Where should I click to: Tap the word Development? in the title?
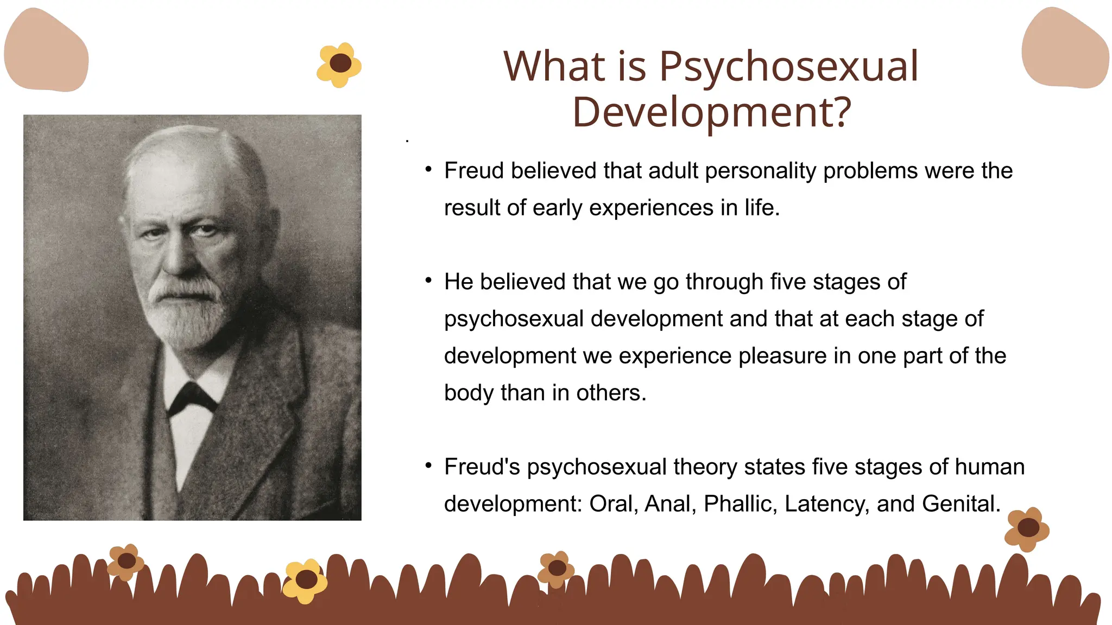pyautogui.click(x=711, y=113)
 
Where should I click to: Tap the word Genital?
pyautogui.click(x=961, y=504)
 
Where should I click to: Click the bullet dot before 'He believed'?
pyautogui.click(x=428, y=280)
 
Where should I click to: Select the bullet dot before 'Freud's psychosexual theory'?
pyautogui.click(x=428, y=465)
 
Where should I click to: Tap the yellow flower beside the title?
pyautogui.click(x=339, y=65)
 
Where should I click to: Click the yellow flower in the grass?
pyautogui.click(x=305, y=581)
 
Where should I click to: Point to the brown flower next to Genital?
pyautogui.click(x=1027, y=528)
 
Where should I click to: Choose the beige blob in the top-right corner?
pyautogui.click(x=1065, y=49)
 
